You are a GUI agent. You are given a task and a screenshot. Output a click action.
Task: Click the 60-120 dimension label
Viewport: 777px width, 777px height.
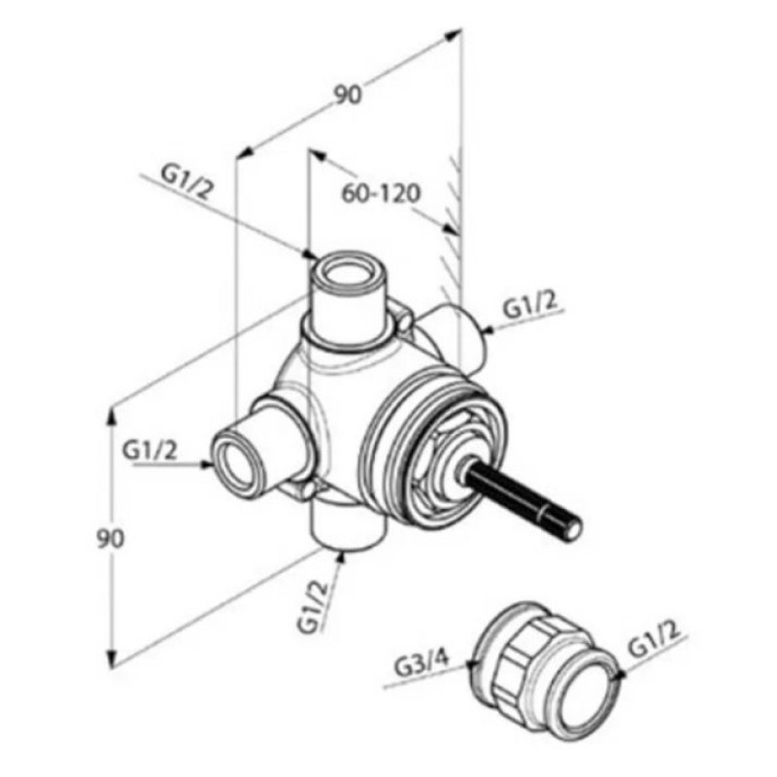tap(381, 193)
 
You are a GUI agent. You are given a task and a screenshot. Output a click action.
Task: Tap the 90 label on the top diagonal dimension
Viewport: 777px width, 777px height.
tap(348, 94)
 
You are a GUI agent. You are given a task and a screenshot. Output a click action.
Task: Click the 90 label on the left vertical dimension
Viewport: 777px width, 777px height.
tap(110, 539)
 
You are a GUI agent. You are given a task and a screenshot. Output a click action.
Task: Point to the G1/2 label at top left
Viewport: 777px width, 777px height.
tap(186, 182)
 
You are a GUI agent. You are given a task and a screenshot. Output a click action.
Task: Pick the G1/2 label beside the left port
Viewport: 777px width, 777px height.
tap(150, 451)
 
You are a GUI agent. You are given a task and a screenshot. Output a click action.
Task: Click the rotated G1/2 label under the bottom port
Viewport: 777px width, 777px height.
tap(313, 606)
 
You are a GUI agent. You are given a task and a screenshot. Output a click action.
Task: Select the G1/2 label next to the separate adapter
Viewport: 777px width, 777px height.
tap(653, 640)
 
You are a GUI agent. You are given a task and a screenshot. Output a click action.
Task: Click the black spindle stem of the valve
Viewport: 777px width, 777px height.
tap(522, 501)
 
